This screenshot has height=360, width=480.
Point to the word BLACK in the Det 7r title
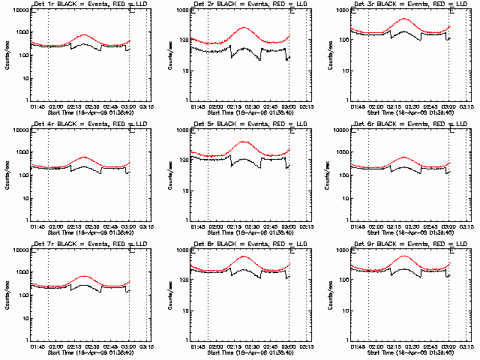pyautogui.click(x=65, y=245)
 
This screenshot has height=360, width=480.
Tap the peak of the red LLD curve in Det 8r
pyautogui.click(x=244, y=256)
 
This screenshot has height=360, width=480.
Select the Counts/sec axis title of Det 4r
pyautogui.click(x=5, y=175)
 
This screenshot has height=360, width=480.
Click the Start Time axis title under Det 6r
pyautogui.click(x=404, y=233)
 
